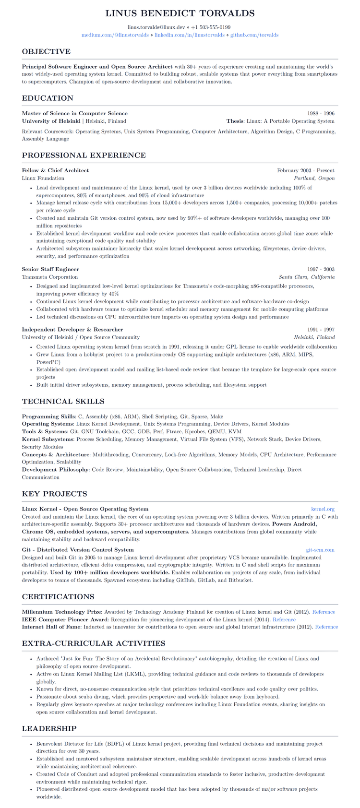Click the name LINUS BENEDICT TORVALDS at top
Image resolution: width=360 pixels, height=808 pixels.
tap(180, 13)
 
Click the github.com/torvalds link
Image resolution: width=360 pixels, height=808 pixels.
tap(254, 35)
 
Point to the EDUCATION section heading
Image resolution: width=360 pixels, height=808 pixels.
tap(48, 98)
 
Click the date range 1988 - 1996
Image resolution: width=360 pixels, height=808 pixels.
tap(321, 113)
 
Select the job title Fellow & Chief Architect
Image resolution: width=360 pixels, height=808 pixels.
tap(55, 170)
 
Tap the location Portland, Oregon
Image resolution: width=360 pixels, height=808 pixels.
tap(314, 178)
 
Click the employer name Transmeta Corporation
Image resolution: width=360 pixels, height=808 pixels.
tap(49, 277)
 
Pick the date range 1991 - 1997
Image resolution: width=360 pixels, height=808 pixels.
tap(321, 330)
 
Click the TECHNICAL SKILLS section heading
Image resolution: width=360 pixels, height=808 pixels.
tap(63, 401)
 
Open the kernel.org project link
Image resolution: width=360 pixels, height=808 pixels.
tap(323, 509)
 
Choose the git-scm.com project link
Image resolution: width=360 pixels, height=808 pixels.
tap(320, 550)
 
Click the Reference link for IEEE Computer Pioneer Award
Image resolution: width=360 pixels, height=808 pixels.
tap(284, 619)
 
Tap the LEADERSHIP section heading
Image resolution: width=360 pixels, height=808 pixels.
tap(49, 728)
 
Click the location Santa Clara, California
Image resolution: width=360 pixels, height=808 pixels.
tap(306, 277)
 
